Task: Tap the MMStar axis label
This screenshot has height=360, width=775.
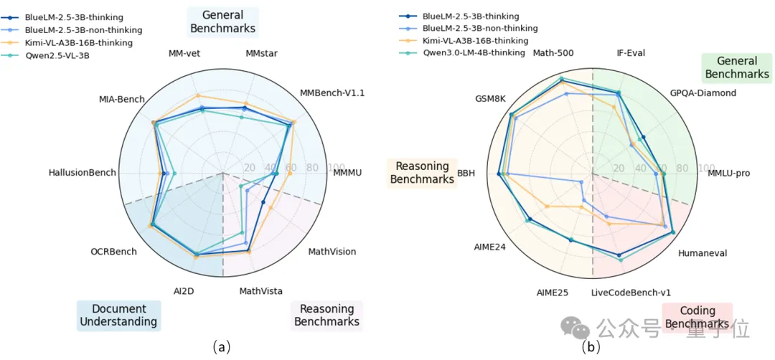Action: [x=261, y=54]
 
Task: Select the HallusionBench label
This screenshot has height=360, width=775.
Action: [x=82, y=173]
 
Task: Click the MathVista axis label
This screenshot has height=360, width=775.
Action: [x=260, y=290]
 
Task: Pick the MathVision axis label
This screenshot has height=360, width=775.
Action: [x=332, y=252]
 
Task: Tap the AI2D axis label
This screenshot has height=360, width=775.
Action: [x=184, y=290]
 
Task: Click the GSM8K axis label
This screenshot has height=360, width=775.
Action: [x=490, y=98]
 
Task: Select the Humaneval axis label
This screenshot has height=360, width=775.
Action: [x=703, y=253]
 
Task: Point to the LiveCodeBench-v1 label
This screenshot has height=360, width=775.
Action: [x=631, y=292]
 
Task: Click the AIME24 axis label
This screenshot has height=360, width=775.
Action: [x=489, y=247]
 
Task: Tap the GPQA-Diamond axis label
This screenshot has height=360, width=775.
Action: [x=703, y=93]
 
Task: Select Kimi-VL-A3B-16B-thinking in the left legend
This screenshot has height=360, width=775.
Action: [x=78, y=42]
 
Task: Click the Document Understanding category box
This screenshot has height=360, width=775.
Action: [x=118, y=315]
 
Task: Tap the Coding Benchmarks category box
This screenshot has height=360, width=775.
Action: [x=697, y=317]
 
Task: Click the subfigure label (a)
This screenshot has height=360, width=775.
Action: [x=222, y=347]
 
